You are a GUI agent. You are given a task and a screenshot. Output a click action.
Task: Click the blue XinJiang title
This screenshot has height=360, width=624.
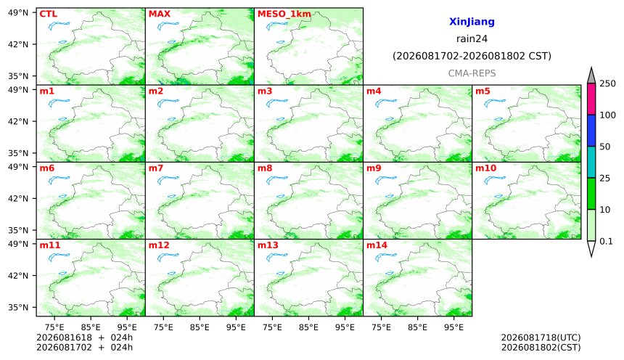472,22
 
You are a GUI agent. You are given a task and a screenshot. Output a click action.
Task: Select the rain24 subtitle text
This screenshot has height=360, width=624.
472,39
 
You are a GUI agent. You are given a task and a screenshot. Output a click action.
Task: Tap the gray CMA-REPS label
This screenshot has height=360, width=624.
472,73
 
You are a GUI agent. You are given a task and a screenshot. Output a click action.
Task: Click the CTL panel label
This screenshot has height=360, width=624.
48,14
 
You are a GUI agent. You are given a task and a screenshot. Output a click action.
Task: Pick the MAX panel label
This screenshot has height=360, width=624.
159,14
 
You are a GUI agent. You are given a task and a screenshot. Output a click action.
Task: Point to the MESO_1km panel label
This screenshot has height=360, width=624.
284,15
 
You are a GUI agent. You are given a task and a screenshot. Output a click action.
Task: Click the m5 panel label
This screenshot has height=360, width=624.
483,91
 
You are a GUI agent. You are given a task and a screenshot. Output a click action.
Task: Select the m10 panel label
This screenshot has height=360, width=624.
485,168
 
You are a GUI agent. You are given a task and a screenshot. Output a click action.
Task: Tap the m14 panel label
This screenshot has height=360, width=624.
377,245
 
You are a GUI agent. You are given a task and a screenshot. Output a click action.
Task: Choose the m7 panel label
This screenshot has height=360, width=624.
155,168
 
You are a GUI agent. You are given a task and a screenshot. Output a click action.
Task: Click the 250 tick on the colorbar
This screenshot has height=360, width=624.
607,83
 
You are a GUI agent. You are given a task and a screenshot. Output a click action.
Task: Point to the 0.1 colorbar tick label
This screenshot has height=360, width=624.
606,241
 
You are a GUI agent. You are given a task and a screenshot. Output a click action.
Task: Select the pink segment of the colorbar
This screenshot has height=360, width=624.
591,99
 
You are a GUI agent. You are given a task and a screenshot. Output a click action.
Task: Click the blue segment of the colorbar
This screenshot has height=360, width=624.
591,131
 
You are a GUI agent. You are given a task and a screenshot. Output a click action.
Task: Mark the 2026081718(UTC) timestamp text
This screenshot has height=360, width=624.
541,337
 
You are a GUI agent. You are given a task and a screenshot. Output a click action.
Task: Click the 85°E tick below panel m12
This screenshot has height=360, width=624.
200,327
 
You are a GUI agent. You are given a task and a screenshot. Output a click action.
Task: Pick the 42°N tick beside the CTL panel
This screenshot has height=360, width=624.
18,44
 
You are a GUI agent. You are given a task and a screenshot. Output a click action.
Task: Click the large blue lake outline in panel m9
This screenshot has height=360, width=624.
386,181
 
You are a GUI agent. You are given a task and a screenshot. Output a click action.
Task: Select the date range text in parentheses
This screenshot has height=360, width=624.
472,56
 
